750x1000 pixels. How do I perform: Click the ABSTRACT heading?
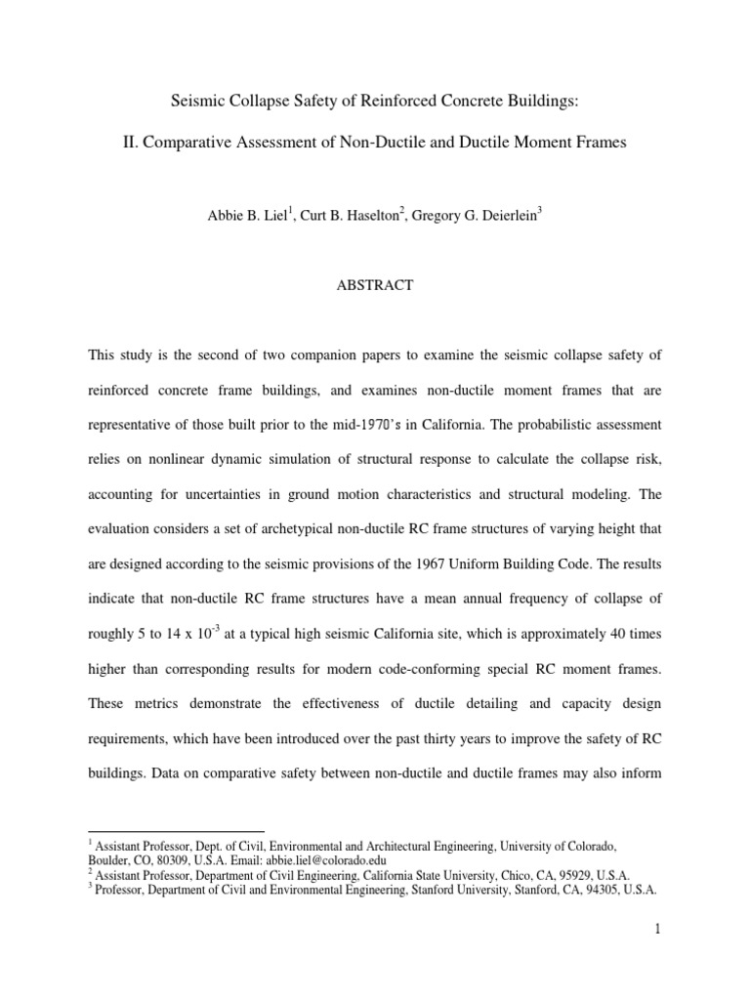[x=375, y=285]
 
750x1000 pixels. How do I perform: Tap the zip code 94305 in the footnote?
[x=593, y=890]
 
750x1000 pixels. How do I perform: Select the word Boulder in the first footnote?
[x=107, y=860]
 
